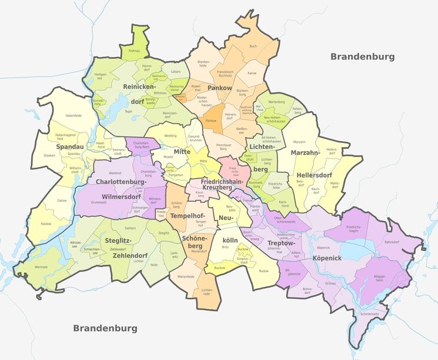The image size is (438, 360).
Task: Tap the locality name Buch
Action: pos(253,46)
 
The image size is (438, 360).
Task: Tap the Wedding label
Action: pos(170,136)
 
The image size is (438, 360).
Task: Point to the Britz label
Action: pos(225,247)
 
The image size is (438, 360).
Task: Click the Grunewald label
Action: pos(98,202)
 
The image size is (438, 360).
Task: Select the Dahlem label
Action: pos(131,228)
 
